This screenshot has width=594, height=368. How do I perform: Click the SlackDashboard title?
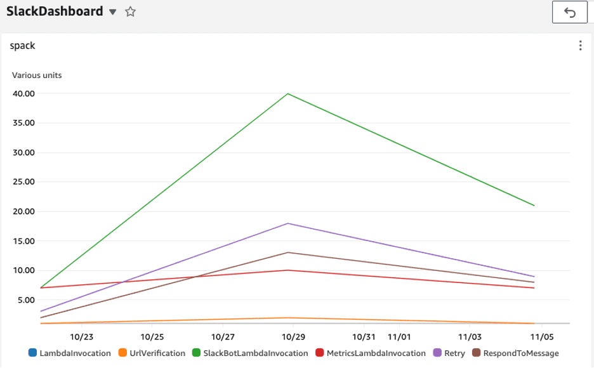tap(55, 11)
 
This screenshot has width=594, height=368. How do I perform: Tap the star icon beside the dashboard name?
tap(130, 12)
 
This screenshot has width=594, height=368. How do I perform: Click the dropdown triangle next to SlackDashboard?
tap(112, 12)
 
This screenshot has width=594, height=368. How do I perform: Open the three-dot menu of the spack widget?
tap(580, 46)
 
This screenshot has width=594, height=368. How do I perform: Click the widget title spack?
tap(22, 46)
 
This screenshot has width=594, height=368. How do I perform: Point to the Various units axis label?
tap(37, 75)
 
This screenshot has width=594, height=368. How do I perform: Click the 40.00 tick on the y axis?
tap(23, 94)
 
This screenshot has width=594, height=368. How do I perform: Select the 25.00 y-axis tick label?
tap(23, 182)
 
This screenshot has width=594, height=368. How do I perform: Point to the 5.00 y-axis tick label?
tap(26, 300)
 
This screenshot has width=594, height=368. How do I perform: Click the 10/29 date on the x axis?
tap(293, 337)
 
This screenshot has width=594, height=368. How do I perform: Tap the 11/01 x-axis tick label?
tap(399, 337)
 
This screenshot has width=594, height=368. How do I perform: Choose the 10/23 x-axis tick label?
tap(82, 337)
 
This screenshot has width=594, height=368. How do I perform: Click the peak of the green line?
tap(288, 94)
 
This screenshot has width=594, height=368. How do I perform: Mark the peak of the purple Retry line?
tap(288, 223)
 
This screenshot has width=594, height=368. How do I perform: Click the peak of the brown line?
tap(288, 253)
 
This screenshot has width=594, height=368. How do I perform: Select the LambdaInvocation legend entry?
tap(69, 353)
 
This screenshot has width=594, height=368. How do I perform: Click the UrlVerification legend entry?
tap(152, 353)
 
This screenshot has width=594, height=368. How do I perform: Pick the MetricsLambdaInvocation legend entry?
tap(371, 353)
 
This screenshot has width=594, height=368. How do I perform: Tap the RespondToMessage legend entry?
tap(515, 353)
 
